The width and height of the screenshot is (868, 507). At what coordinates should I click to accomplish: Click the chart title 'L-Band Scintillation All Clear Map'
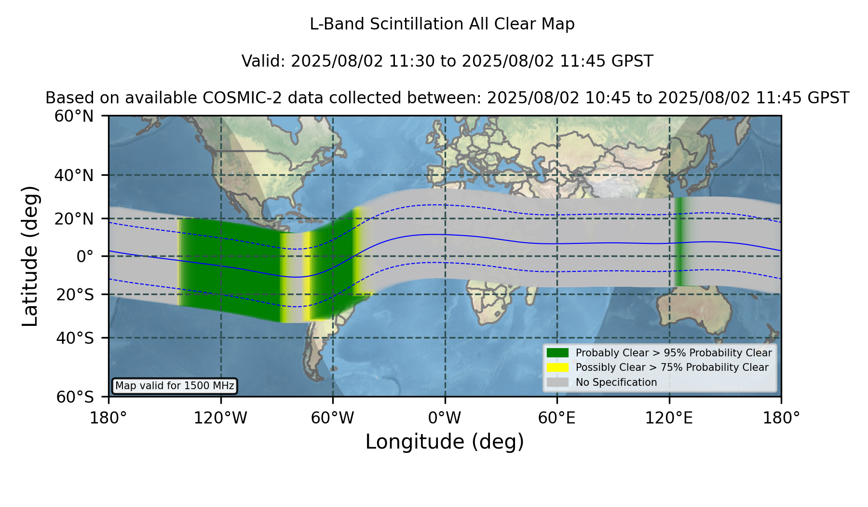click(x=442, y=24)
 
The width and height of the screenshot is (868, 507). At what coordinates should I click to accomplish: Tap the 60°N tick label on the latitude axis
click(x=74, y=116)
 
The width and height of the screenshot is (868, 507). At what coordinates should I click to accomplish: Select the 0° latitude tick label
click(x=85, y=256)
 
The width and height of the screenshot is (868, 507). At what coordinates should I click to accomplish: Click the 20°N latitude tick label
click(x=74, y=219)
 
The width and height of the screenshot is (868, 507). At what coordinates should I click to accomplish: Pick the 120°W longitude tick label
click(x=220, y=418)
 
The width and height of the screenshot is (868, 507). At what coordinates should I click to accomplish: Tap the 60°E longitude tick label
click(x=557, y=418)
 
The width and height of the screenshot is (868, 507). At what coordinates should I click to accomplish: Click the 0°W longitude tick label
click(x=445, y=418)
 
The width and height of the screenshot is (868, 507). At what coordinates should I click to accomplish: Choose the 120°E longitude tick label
click(x=669, y=418)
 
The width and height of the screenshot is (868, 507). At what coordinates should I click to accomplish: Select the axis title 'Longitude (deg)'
click(x=445, y=442)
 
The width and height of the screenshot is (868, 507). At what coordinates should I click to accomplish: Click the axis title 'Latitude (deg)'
click(x=30, y=256)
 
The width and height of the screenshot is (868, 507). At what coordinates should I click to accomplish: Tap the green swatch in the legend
click(x=558, y=353)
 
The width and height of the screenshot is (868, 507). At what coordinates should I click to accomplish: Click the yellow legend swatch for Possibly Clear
click(x=558, y=367)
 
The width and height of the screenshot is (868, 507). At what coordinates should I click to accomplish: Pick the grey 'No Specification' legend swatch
click(x=558, y=382)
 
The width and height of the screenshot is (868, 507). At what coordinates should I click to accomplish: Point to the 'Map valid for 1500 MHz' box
click(x=175, y=386)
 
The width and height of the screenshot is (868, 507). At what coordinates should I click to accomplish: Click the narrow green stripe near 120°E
click(x=680, y=241)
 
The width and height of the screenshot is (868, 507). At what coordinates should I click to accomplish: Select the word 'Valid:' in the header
click(x=264, y=61)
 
